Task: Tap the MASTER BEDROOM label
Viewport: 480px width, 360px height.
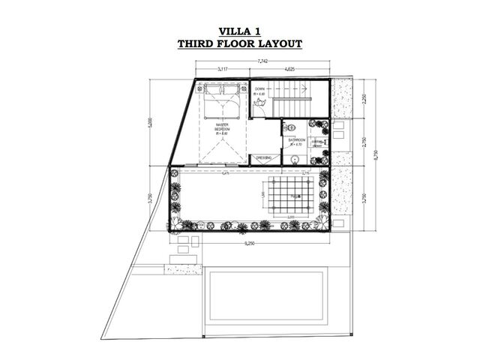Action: pos(222,128)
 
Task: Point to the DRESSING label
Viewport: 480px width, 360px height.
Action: pos(263,158)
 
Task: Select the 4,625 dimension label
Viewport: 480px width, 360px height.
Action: pos(289,70)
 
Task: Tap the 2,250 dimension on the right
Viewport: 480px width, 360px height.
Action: pos(364,97)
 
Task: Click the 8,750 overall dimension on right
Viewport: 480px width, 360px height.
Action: pos(376,154)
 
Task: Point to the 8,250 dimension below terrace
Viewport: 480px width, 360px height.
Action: pos(248,244)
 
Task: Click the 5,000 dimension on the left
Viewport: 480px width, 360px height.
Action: pos(150,121)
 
